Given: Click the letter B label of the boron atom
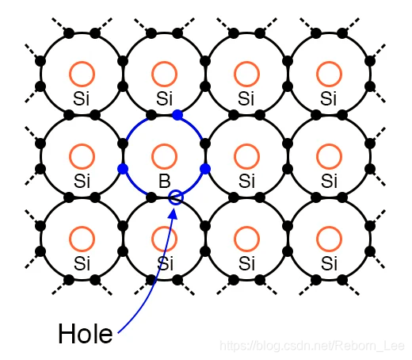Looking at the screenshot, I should pos(165,182).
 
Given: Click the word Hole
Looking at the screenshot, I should pos(85,334).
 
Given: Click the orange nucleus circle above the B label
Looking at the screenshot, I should pos(164,156).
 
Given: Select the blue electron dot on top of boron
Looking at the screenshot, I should pos(177,116).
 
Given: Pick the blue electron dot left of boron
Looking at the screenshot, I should pos(123,169).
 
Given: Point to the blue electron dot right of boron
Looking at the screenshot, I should pos(205,169).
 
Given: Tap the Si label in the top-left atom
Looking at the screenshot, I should pos(82,99).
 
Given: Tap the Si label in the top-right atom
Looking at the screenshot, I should pos(329,99).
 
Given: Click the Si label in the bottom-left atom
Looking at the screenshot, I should pos(82,262).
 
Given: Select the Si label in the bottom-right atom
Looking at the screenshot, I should pos(329,262).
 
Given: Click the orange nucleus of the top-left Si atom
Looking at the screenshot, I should pos(82,75).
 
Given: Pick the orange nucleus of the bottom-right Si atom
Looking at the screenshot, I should pos(328,238).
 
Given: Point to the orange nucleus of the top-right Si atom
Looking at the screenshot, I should pos(328,75).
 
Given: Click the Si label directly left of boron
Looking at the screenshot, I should pos(82,182).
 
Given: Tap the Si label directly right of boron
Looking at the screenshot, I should pos(246,182).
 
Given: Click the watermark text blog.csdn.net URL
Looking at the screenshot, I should pos(313,347).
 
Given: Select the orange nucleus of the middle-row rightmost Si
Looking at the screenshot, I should pos(328,156).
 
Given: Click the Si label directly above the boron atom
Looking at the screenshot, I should pos(165,99).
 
